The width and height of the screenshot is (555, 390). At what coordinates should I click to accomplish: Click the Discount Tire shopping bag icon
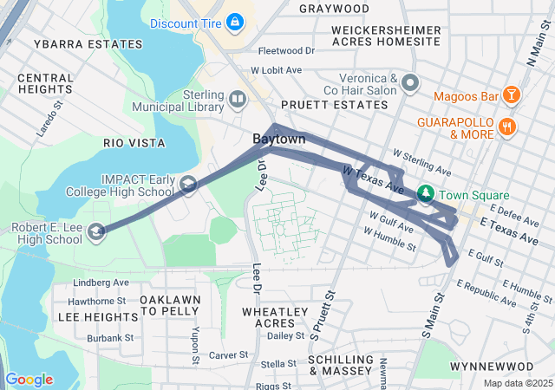234,20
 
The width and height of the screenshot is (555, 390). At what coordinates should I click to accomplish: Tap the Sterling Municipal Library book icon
238,100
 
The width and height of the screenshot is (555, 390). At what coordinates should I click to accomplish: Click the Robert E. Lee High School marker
97,230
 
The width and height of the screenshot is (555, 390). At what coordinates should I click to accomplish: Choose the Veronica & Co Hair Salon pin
411,84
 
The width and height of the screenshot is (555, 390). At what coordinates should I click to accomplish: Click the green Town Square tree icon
425,194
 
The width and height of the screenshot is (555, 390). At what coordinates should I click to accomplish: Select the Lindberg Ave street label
101,283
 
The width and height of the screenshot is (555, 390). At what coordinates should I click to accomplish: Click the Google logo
29,379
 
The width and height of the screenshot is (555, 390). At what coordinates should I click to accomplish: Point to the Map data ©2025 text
517,383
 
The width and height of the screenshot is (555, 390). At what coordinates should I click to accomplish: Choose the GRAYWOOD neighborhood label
333,9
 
